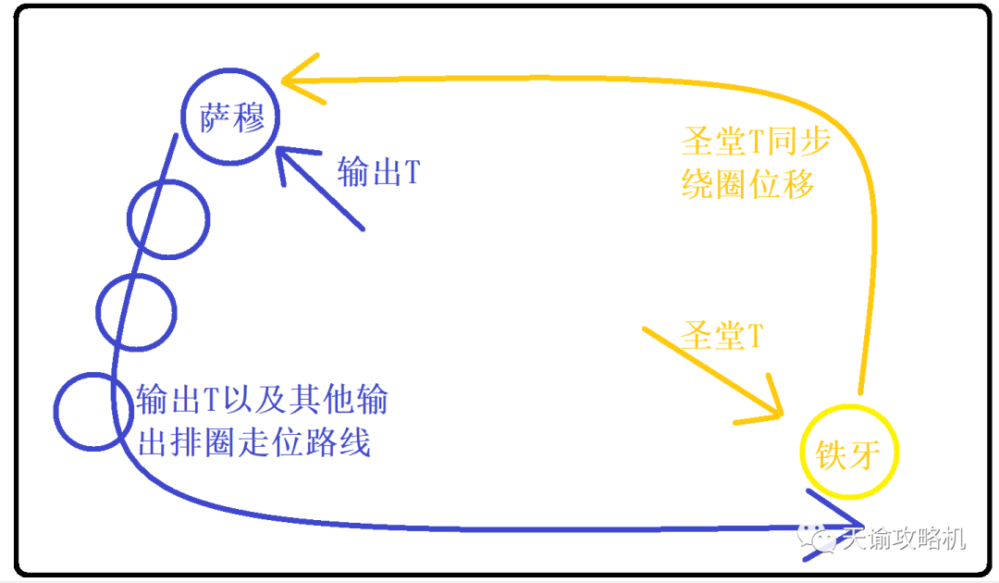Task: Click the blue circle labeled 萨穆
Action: click(x=230, y=70)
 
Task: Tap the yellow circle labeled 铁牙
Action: click(x=849, y=406)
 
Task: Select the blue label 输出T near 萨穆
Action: click(x=378, y=172)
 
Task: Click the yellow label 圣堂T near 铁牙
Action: click(x=721, y=335)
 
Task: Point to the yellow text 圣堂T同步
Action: click(x=756, y=141)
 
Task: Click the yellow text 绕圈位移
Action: click(x=747, y=184)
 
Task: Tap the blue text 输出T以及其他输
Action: click(x=262, y=400)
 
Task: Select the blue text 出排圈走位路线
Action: click(x=253, y=441)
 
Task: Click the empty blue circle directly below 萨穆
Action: click(x=168, y=182)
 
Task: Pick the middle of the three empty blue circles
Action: click(x=136, y=276)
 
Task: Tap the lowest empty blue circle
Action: click(x=93, y=375)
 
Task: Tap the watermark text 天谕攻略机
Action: click(x=904, y=539)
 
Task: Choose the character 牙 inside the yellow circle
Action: click(x=865, y=455)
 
